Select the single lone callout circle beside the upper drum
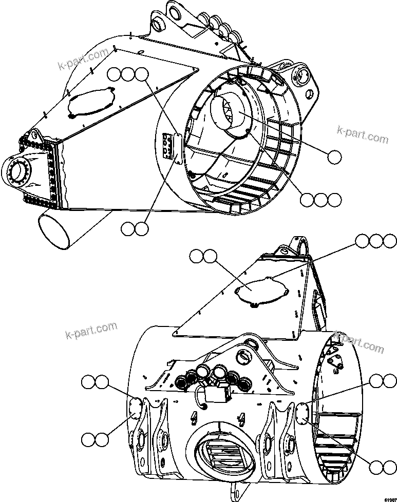click(334, 157)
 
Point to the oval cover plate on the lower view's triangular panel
click(260, 291)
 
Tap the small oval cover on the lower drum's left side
click(135, 407)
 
